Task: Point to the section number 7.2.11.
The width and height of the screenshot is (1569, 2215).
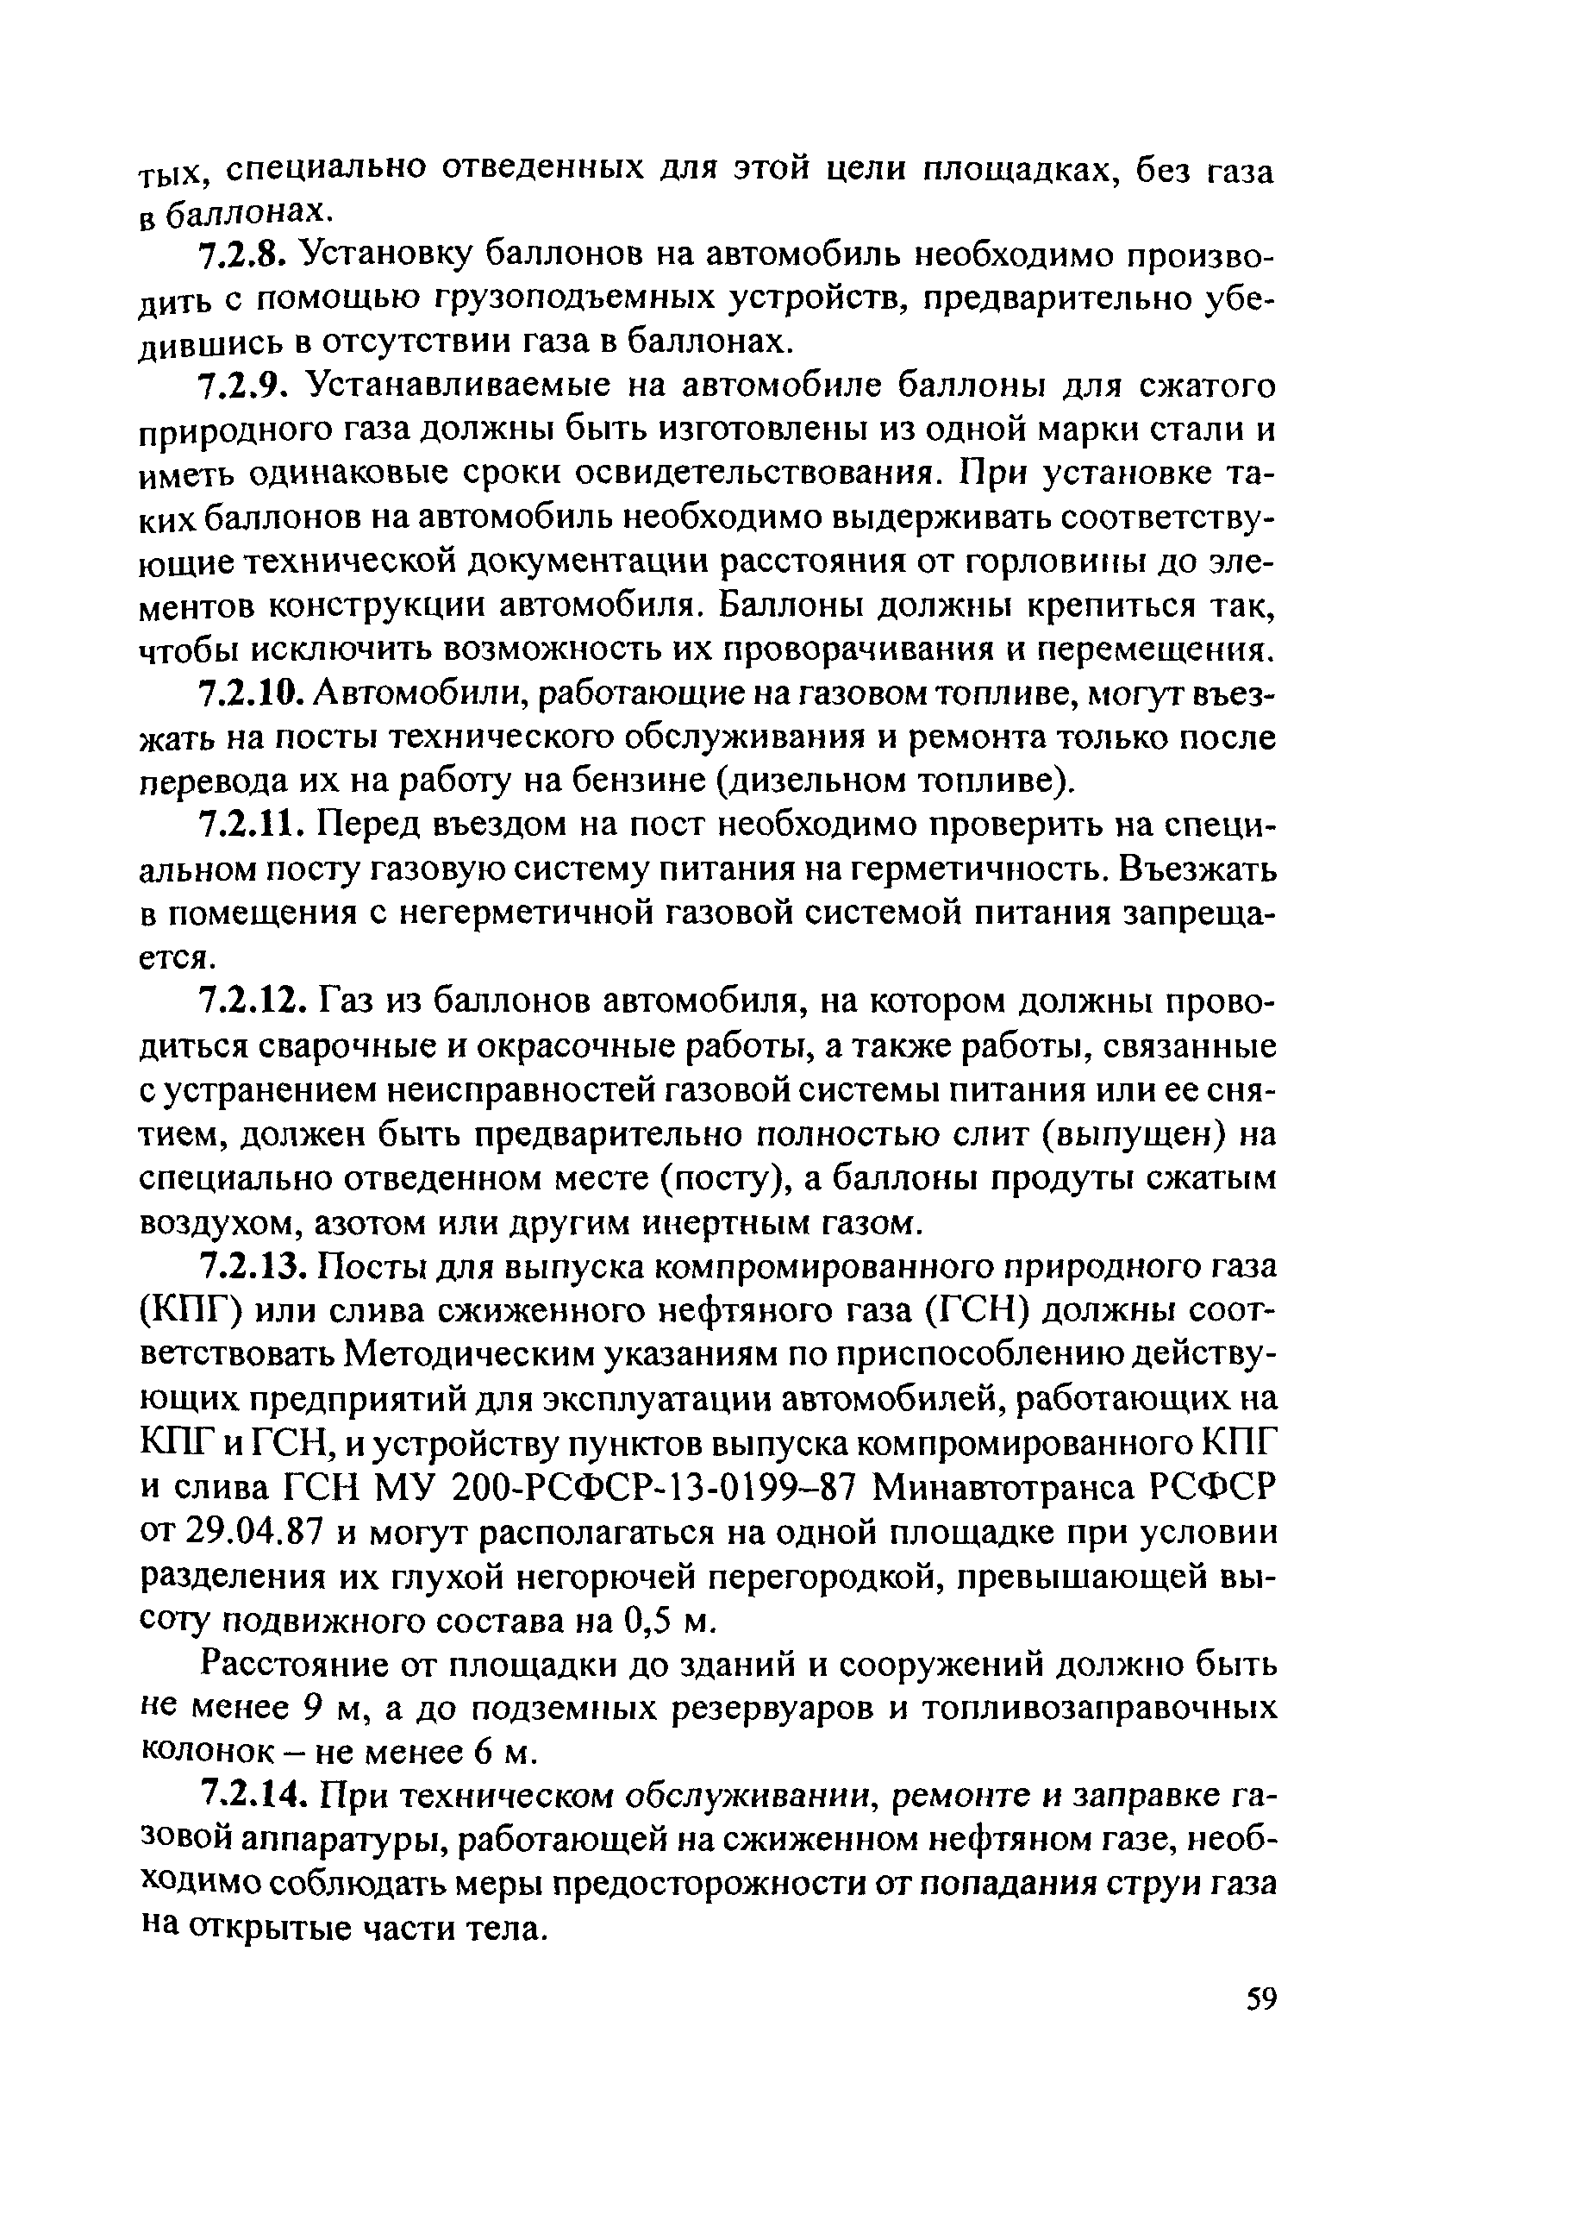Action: click(251, 825)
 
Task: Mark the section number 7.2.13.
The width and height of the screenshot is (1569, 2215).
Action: click(253, 1265)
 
